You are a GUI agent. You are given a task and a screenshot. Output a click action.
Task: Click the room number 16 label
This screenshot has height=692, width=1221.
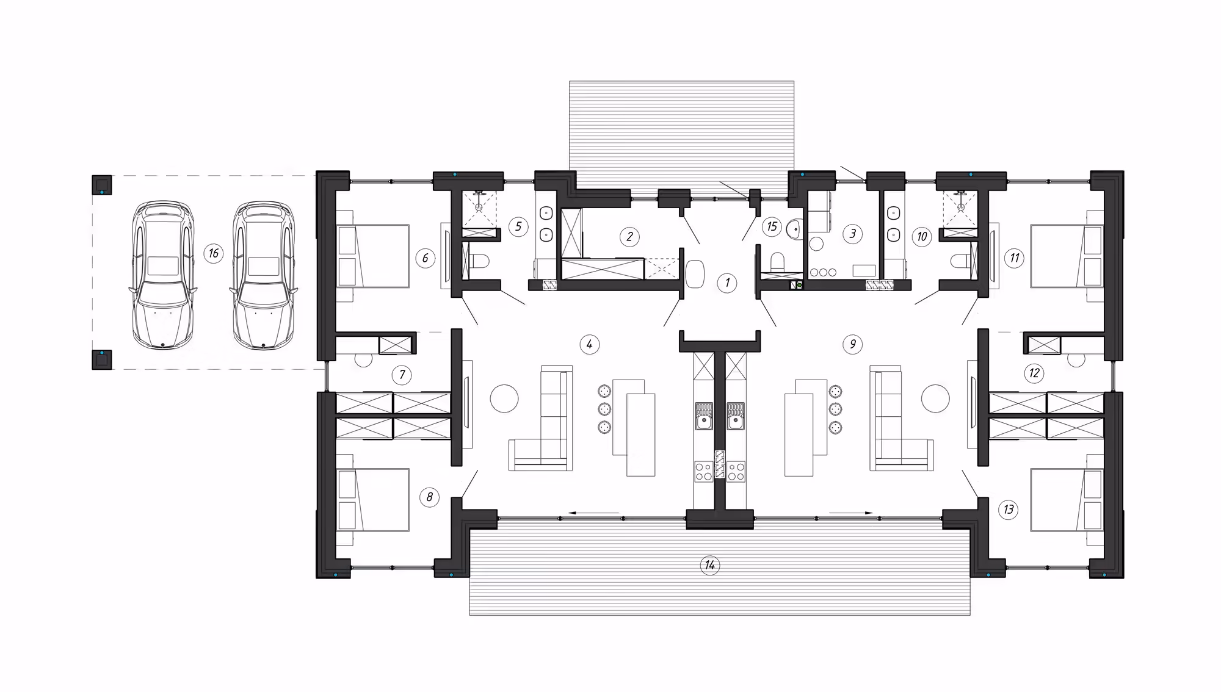coord(213,253)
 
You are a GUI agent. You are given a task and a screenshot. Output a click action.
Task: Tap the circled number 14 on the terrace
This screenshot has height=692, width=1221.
coord(709,565)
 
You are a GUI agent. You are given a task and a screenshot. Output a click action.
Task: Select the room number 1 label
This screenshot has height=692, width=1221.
coord(726,283)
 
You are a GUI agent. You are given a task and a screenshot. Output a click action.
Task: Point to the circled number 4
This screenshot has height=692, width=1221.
coord(589,345)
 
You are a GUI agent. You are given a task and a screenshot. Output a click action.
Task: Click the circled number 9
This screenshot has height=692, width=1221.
coord(853,345)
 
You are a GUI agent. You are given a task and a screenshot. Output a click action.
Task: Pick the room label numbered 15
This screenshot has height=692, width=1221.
coord(772,227)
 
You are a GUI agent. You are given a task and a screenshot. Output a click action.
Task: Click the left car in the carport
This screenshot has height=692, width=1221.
coord(163,275)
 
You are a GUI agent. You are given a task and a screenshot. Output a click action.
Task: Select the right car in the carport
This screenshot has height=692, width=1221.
coord(263,275)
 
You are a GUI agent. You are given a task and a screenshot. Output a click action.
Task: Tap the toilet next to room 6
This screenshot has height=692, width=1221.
coord(478,262)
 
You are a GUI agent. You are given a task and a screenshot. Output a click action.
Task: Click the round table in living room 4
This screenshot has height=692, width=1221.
coord(504,400)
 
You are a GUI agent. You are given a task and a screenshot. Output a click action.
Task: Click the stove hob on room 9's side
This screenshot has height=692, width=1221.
coord(736,471)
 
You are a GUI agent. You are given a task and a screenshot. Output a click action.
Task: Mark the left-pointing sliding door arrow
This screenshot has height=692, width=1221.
coord(593,513)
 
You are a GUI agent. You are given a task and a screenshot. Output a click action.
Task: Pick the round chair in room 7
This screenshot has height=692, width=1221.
coord(364,359)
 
